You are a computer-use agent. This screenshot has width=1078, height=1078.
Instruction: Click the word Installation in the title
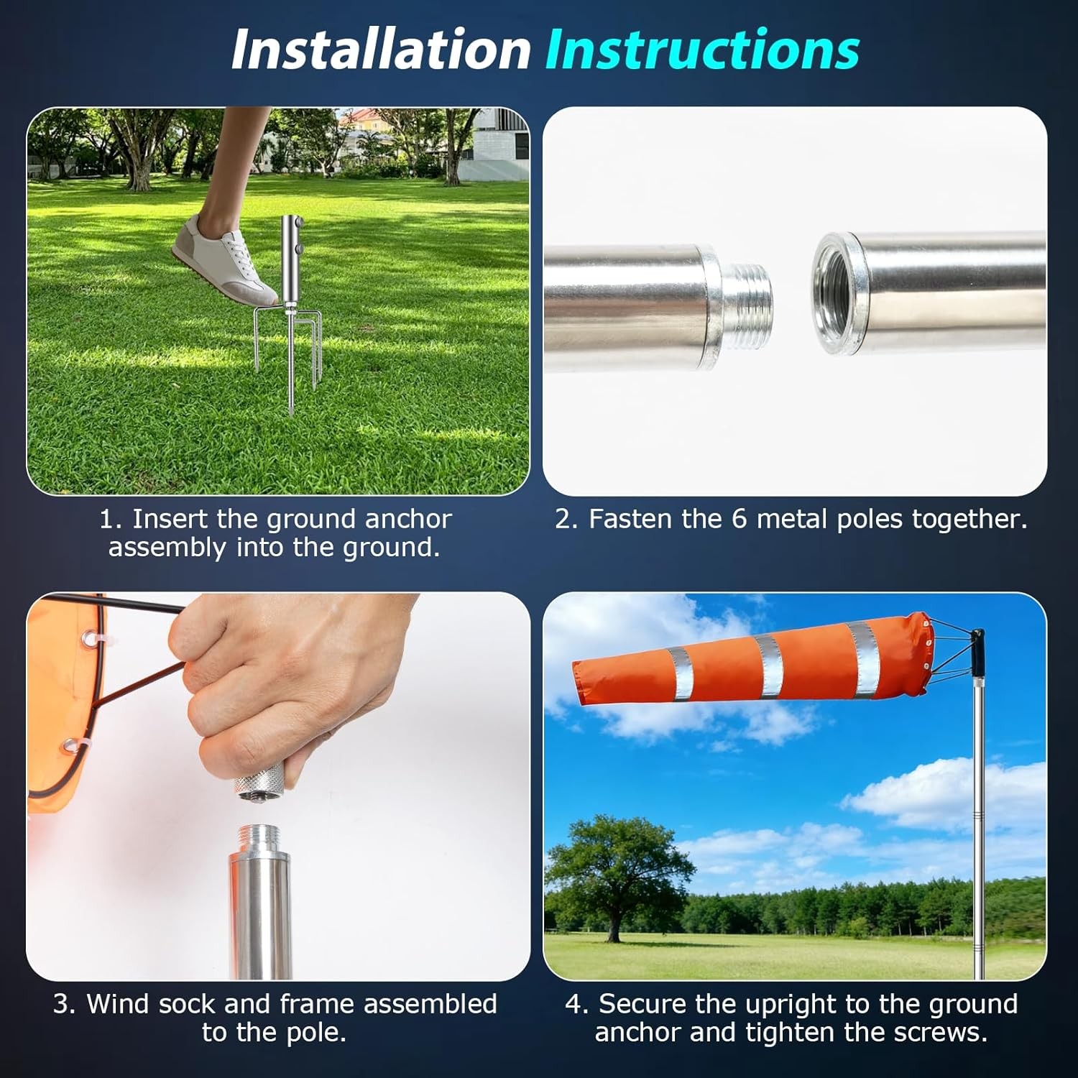pyautogui.click(x=380, y=50)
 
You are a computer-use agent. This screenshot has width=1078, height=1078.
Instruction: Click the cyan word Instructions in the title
pyautogui.click(x=701, y=50)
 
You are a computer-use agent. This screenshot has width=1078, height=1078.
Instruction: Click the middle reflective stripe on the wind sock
pyautogui.click(x=768, y=665)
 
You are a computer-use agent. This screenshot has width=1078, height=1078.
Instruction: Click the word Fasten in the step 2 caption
pyautogui.click(x=632, y=519)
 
